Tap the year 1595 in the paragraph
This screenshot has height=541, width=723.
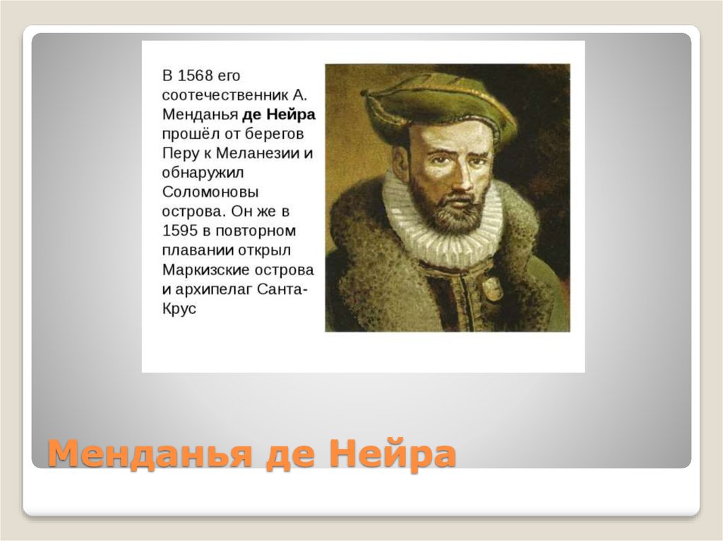pyautogui.click(x=180, y=231)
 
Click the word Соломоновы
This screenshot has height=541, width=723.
pyautogui.click(x=210, y=192)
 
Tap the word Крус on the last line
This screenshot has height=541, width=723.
pyautogui.click(x=179, y=308)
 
